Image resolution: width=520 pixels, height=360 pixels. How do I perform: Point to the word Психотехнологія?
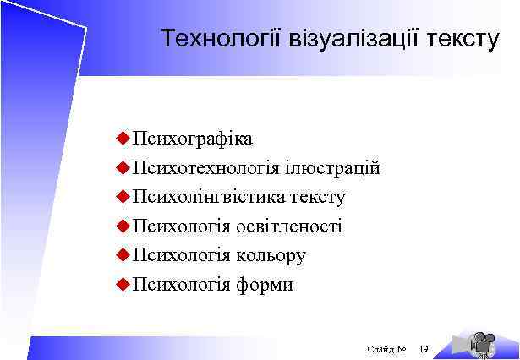point(206,168)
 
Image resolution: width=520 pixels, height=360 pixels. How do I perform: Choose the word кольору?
point(271,255)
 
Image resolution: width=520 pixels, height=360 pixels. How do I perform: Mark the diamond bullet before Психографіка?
point(122,139)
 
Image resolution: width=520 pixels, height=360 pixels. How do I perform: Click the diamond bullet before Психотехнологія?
point(122,167)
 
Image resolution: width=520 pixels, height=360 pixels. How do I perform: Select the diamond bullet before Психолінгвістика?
point(122,197)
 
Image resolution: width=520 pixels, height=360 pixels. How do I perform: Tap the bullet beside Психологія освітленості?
point(122,226)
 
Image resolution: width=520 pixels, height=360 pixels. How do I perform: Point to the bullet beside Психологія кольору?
point(122,255)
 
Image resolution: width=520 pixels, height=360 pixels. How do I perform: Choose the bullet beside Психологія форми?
point(122,284)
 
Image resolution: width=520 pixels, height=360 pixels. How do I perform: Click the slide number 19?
point(424,347)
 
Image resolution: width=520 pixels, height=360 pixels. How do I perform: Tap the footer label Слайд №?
point(387,347)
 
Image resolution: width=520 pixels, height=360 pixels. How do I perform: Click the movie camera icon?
point(481,341)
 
